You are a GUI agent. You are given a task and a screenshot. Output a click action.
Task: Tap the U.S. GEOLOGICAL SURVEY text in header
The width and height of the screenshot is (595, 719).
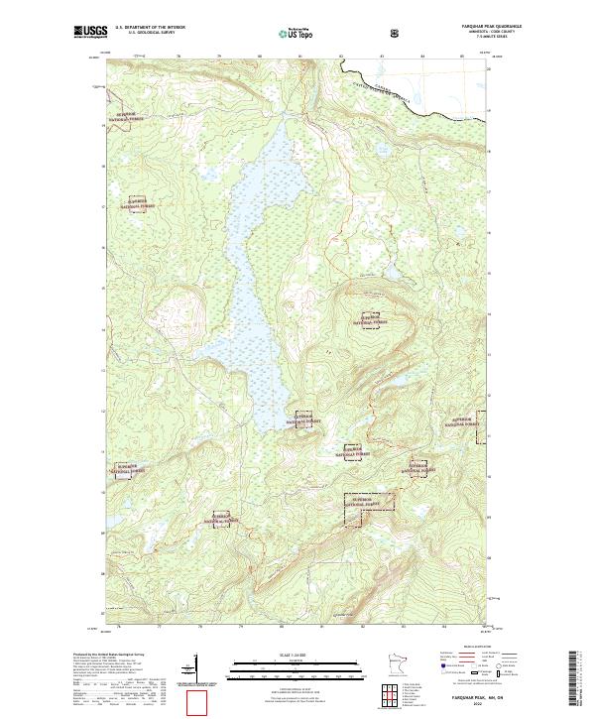pyautogui.click(x=149, y=34)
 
